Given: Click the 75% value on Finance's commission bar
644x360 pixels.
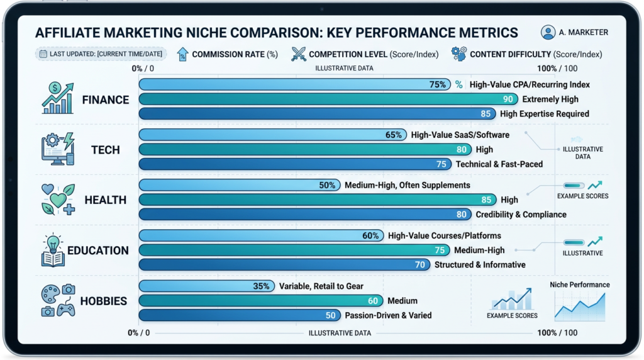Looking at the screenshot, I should pos(438,84).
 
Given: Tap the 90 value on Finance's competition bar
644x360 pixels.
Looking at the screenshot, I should pos(508,99).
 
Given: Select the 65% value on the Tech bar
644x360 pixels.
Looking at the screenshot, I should pos(394,135).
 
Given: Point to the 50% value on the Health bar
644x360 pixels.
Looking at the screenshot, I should pos(327,185).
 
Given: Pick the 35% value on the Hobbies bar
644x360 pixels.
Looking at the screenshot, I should pos(261,286).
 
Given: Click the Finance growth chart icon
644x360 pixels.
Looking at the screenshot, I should pos(58,99).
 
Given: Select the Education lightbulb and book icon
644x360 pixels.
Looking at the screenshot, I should pos(53,250).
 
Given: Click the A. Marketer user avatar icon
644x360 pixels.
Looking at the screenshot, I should pos(548,32).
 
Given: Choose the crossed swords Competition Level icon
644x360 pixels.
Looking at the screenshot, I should pos(299,54).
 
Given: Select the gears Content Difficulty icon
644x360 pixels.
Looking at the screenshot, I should pos(458,54).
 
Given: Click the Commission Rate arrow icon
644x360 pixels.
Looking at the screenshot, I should pos(182,54).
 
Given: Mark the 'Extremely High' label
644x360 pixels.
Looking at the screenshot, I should pos(550,99).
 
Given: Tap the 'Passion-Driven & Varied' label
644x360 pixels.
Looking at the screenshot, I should pos(388,315).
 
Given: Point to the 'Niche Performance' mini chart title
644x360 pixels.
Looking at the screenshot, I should pos(579,284).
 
